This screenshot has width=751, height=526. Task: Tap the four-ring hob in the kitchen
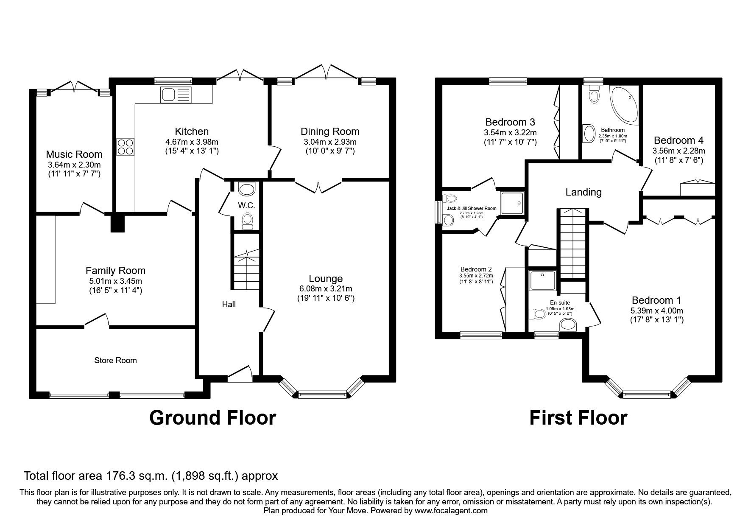pyautogui.click(x=125, y=146)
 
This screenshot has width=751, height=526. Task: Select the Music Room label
pyautogui.click(x=74, y=154)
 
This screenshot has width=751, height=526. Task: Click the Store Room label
pyautogui.click(x=115, y=361)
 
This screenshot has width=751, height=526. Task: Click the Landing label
pyautogui.click(x=583, y=192)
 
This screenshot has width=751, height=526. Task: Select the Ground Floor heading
pyautogui.click(x=212, y=418)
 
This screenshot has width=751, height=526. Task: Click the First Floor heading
pyautogui.click(x=578, y=418)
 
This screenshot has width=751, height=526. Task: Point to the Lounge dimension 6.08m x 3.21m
pyautogui.click(x=326, y=289)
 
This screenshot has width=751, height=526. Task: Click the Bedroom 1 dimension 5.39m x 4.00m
pyautogui.click(x=656, y=311)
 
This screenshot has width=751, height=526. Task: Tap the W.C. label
pyautogui.click(x=246, y=206)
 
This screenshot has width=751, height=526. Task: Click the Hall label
pyautogui.click(x=229, y=304)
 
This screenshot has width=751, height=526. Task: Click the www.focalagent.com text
pyautogui.click(x=451, y=511)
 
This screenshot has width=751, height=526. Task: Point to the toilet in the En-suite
pyautogui.click(x=537, y=314)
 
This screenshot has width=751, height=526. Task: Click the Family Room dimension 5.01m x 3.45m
pyautogui.click(x=115, y=281)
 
